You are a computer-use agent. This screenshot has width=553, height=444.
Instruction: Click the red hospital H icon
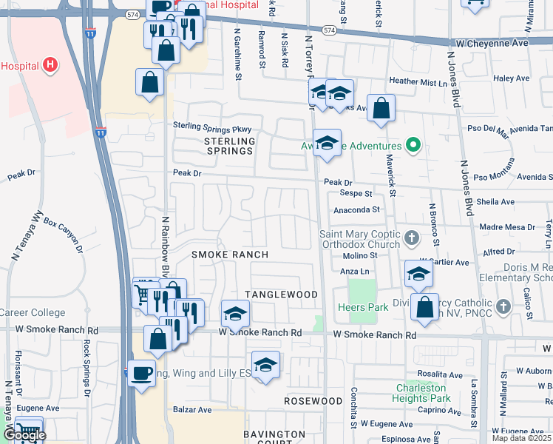coord(50,65)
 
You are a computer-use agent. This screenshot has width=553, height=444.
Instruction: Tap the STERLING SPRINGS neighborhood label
coord(229,146)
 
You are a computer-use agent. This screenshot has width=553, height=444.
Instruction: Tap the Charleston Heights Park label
coord(421,393)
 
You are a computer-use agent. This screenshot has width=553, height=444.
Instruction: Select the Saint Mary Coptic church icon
coord(413,238)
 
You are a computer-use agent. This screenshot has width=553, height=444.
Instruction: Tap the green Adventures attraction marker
coord(414,145)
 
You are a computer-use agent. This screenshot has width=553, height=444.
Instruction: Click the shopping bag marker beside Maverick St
coord(381,108)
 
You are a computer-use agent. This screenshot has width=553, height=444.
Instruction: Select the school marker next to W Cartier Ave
coord(418,275)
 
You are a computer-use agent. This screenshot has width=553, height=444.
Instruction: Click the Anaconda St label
coord(355,210)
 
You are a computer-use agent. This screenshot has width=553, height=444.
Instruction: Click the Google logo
coord(24,436)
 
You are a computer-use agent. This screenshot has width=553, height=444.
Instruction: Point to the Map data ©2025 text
coord(521,438)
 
